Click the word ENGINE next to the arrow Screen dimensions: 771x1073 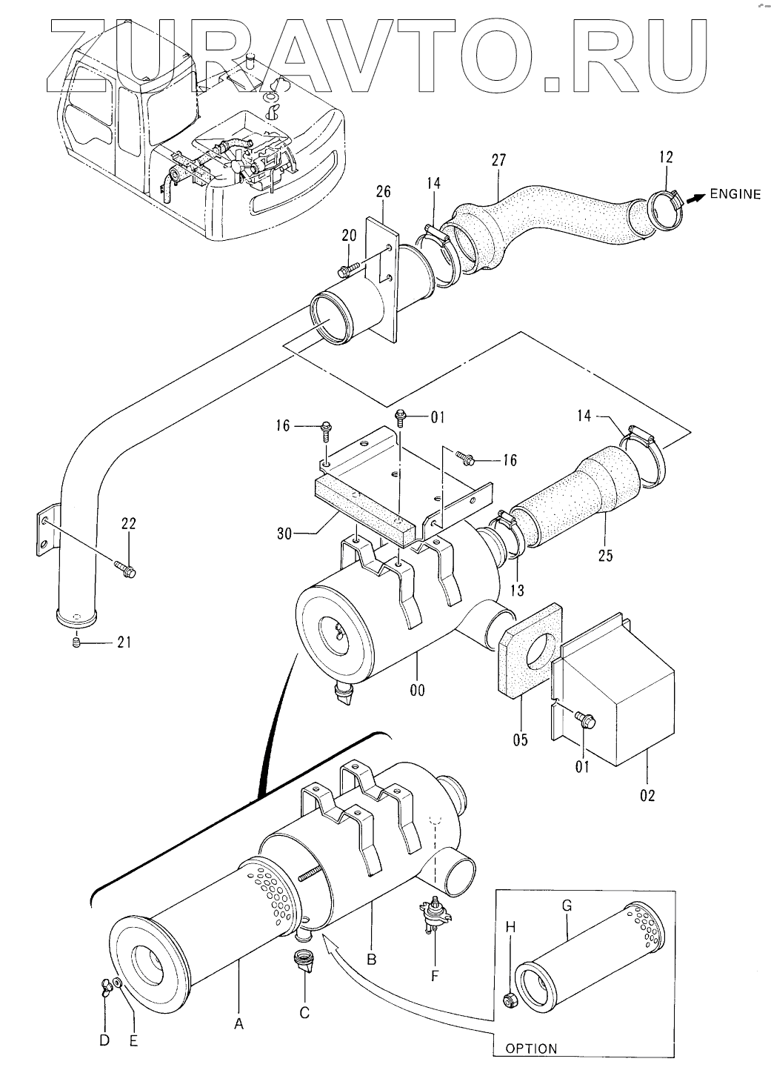pos(735,194)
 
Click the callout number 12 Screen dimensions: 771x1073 pos(666,157)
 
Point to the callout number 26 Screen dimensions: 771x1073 pos(384,192)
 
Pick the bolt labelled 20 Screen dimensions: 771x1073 pos(347,268)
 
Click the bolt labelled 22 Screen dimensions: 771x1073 pos(125,568)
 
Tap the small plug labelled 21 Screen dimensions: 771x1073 pos(76,642)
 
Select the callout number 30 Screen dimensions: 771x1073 pos(284,533)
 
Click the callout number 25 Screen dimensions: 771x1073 pos(605,556)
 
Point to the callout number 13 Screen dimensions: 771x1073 pos(517,590)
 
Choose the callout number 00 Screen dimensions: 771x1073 pos(417,691)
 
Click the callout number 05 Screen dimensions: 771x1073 pos(520,740)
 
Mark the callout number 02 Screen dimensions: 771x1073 pos(647,796)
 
